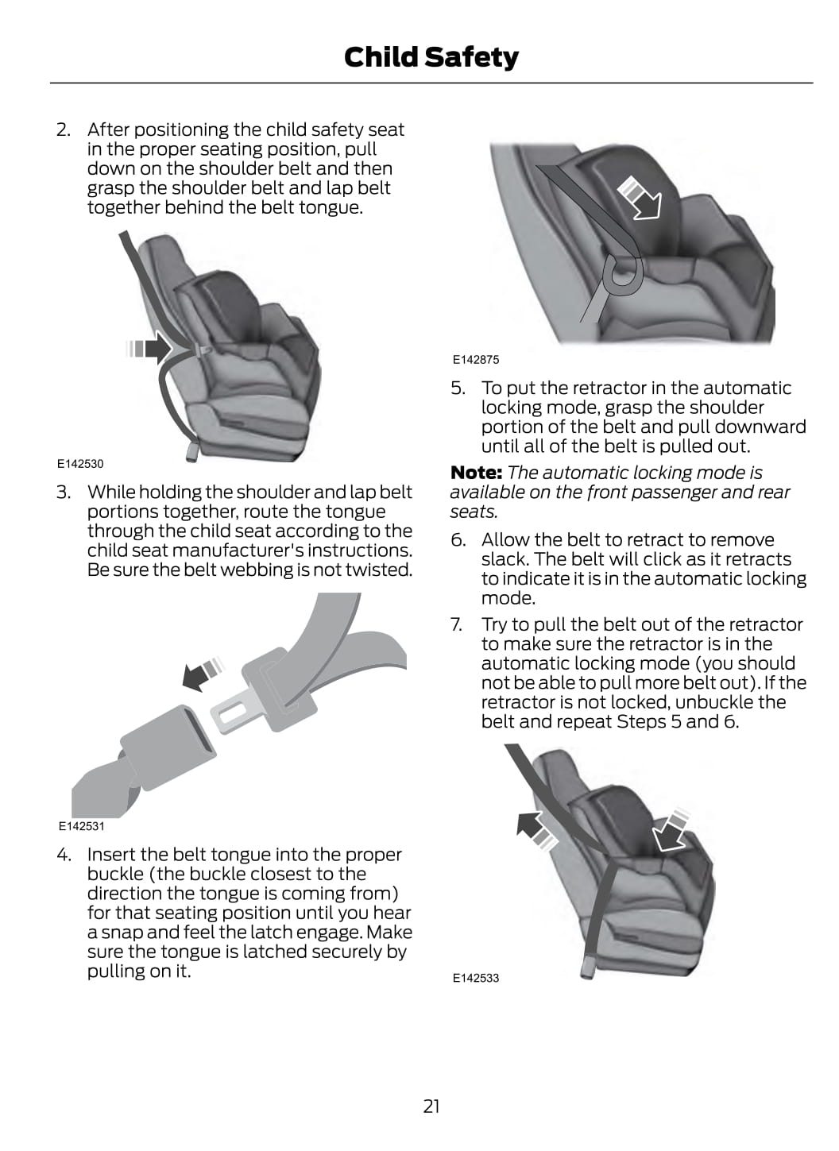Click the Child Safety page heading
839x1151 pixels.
click(431, 57)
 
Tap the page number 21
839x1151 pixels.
click(431, 1107)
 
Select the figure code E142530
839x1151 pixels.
click(80, 463)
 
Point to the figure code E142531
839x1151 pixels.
click(81, 826)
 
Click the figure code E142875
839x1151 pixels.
click(476, 360)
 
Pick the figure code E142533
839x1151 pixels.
click(476, 978)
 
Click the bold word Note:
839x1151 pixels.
click(476, 472)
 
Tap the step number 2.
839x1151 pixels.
click(64, 129)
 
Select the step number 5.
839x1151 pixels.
click(458, 388)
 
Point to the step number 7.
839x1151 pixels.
click(457, 624)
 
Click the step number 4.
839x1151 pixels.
click(64, 855)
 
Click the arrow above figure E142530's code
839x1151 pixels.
click(149, 348)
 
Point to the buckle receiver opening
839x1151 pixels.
click(199, 730)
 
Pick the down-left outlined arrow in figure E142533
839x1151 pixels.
click(671, 831)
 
